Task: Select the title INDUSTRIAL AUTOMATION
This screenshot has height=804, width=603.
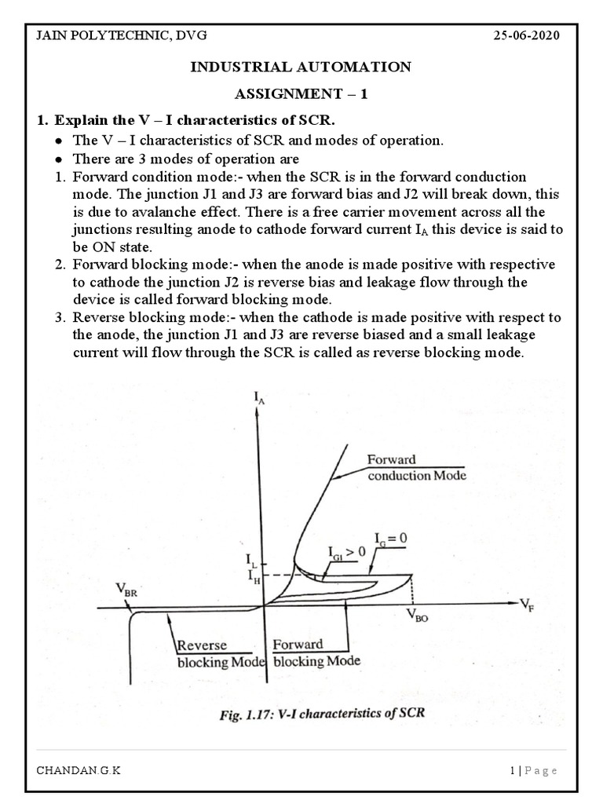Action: (x=301, y=68)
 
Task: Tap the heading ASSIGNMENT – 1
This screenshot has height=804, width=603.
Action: (x=301, y=94)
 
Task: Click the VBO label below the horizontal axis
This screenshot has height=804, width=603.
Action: (x=417, y=617)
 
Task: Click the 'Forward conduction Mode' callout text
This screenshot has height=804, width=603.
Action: (x=415, y=467)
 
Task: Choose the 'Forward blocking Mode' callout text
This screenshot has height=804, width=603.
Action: (x=316, y=652)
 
